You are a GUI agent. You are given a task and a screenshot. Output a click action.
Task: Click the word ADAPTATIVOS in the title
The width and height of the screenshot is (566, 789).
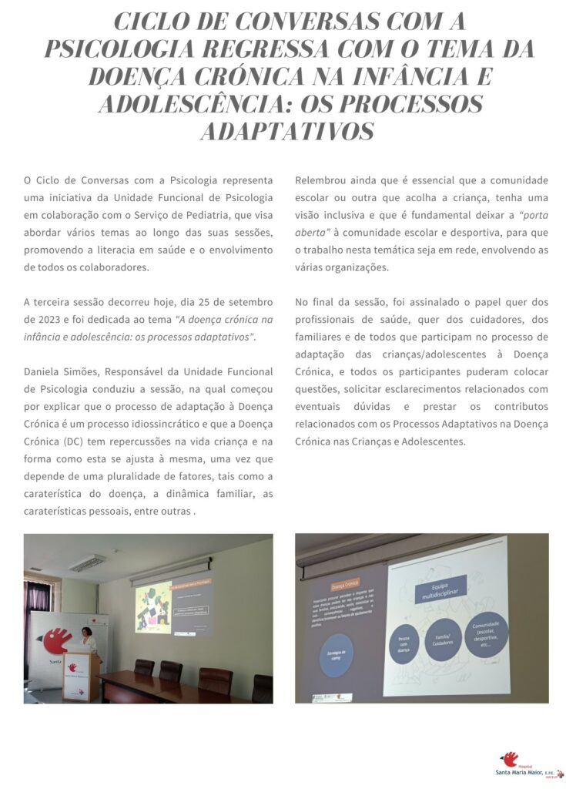[286, 130]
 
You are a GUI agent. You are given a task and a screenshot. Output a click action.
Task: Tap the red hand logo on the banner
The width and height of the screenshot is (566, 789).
[58, 640]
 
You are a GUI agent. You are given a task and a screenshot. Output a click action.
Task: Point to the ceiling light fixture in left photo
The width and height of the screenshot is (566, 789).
[87, 563]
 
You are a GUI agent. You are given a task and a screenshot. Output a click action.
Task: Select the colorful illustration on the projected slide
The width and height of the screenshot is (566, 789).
[152, 606]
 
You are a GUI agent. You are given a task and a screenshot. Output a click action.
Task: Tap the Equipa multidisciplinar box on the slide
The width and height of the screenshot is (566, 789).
[439, 591]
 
